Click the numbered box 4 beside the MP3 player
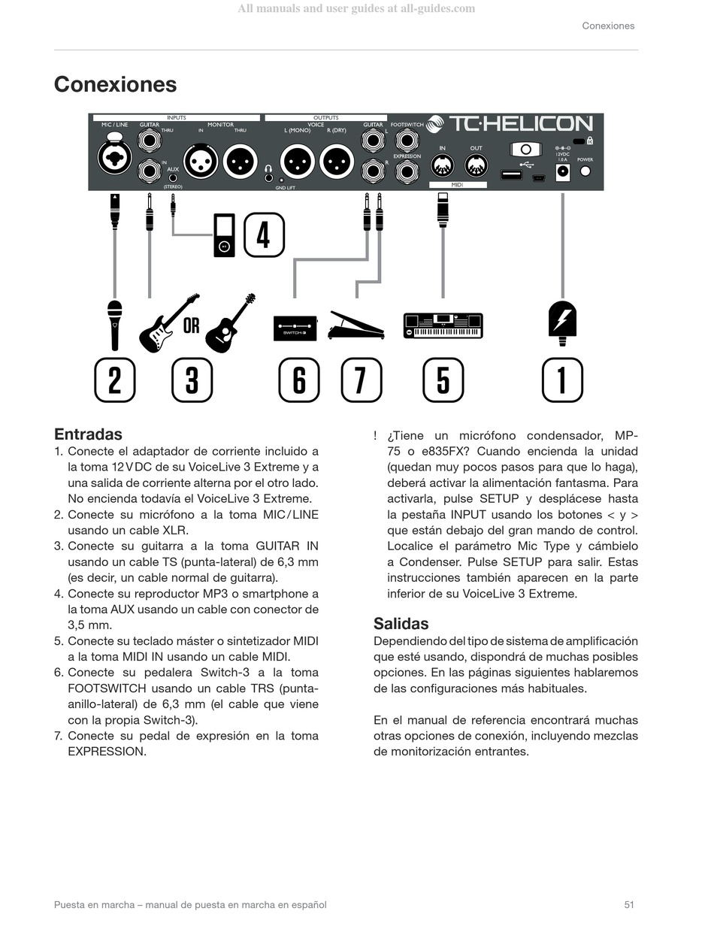[x=263, y=235]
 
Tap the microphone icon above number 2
[x=114, y=325]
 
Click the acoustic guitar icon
[x=230, y=324]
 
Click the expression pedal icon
[x=355, y=325]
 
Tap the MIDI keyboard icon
[x=443, y=326]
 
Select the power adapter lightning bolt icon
[x=562, y=321]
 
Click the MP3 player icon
[x=224, y=235]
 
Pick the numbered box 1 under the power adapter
[x=562, y=380]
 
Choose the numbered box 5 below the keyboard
[x=443, y=380]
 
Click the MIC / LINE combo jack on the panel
[x=114, y=156]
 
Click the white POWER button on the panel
[x=585, y=171]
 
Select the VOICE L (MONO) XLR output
[x=297, y=161]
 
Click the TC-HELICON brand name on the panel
[x=520, y=125]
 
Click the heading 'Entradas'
[x=88, y=434]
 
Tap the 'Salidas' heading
[x=401, y=624]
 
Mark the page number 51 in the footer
[x=629, y=905]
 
